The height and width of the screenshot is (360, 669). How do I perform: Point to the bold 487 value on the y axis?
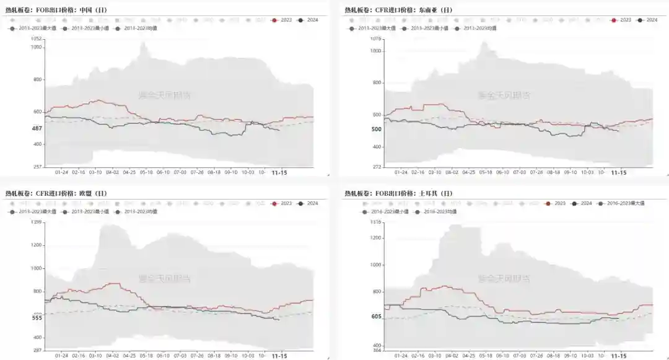pyautogui.click(x=37, y=128)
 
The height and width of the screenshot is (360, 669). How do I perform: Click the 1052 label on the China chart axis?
pyautogui.click(x=37, y=39)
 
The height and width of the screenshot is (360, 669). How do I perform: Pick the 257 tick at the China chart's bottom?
pyautogui.click(x=37, y=167)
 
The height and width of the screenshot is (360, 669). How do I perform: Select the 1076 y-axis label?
pyautogui.click(x=375, y=39)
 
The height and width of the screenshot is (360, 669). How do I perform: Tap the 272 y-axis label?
pyautogui.click(x=376, y=167)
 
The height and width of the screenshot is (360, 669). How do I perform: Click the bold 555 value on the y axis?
pyautogui.click(x=37, y=318)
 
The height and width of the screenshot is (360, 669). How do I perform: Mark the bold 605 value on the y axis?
pyautogui.click(x=376, y=316)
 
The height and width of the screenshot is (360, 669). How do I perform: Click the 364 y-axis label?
pyautogui.click(x=377, y=350)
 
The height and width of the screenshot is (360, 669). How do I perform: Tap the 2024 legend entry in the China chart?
pyautogui.click(x=308, y=20)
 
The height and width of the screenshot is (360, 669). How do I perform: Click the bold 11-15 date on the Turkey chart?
pyautogui.click(x=618, y=356)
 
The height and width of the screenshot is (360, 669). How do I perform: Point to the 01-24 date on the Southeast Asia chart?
pyautogui.click(x=401, y=173)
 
